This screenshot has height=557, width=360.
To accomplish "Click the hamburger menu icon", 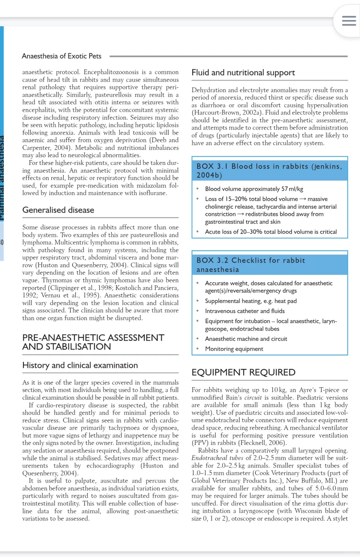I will point(349,21).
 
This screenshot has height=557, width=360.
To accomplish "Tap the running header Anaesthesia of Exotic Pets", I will point(62,56).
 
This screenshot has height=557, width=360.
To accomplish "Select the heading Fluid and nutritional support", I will point(243,73).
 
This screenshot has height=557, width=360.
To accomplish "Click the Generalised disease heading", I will point(58,210).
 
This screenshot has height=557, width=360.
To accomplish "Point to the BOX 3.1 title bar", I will point(269,171).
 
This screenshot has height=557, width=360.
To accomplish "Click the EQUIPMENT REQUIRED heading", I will point(243,372).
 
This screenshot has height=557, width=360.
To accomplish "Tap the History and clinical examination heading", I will point(80,365).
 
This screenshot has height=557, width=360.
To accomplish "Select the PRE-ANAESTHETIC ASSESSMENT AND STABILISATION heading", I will point(93,342).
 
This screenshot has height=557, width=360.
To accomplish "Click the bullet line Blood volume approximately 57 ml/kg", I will point(254,189).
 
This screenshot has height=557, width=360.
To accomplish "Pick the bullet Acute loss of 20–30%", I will point(271,232).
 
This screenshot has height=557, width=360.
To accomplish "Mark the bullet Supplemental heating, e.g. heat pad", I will point(251,301).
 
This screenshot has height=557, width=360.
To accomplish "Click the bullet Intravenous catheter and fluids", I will point(245,311).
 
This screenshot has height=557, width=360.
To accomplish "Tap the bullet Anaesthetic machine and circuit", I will point(246,339).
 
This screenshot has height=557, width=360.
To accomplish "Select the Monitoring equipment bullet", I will point(234,349).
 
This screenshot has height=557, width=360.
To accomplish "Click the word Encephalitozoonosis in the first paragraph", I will point(111,72).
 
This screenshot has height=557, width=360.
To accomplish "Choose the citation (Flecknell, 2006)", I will point(239,443).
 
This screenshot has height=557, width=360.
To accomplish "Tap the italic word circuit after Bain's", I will point(253,398).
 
